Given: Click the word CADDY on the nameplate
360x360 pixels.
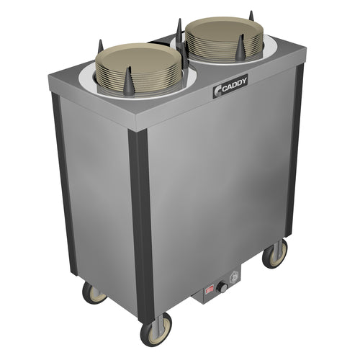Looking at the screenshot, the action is point(234,84).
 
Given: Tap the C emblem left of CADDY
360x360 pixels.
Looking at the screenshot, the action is point(218,91).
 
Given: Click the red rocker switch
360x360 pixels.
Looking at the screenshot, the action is point(210,290).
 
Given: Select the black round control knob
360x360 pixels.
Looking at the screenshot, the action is point(222,288).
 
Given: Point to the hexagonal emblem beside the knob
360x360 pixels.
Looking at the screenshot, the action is point(234,279).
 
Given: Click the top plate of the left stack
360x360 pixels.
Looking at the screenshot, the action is point(138,60).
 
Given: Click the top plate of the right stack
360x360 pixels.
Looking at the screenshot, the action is point(224,32).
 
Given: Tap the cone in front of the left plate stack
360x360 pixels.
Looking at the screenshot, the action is point(129,81).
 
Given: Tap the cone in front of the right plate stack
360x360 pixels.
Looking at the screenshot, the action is point(240,48).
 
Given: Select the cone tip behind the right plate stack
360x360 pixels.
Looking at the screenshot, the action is point(251,12).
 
